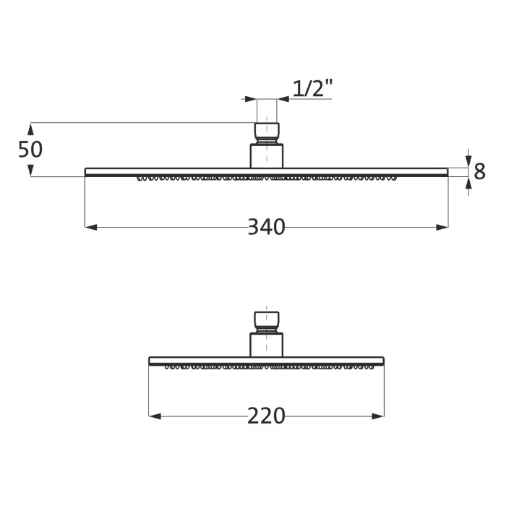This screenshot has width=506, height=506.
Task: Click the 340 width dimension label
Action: [266, 227]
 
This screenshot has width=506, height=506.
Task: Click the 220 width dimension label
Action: [266, 416]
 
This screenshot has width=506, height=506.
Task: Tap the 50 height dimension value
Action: [30, 150]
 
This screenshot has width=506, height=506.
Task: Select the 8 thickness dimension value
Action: [479, 172]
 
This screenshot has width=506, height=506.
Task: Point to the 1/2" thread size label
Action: [313, 88]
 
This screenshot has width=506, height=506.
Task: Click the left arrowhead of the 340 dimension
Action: [90, 227]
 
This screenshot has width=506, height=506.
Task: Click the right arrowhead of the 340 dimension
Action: [442, 227]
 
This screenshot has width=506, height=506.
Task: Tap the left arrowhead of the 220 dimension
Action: [154, 416]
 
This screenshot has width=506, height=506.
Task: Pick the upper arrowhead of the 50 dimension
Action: [30, 129]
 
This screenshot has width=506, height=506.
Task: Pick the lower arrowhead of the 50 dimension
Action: [30, 171]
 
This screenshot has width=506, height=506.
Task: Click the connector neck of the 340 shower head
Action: [267, 155]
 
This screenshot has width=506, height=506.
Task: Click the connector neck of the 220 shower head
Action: [267, 345]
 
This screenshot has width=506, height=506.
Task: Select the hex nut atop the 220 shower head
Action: [267, 320]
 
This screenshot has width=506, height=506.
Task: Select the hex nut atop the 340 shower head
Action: [267, 131]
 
